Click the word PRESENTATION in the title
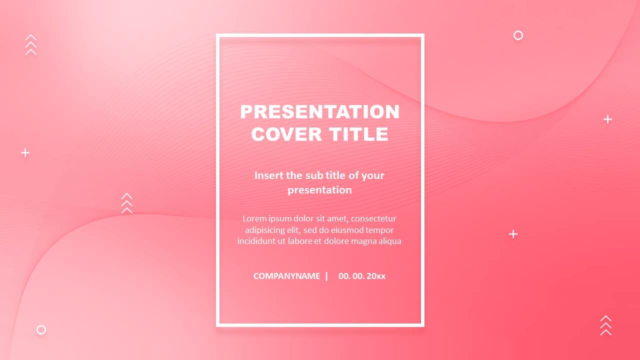pos(319,111)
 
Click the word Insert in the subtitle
pos(269,175)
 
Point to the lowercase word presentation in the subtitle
pos(319,190)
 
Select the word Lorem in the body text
pos(254,218)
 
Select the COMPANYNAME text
pos(286,276)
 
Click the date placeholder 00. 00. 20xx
pos(361,276)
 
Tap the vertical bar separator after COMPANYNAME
pos(326,276)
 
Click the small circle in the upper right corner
pos(518,35)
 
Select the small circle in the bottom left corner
pos(41,330)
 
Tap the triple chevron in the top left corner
pos(31,44)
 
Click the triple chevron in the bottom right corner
pos(605,325)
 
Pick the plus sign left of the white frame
pos(25,152)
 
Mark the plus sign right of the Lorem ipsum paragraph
pos(513,234)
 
